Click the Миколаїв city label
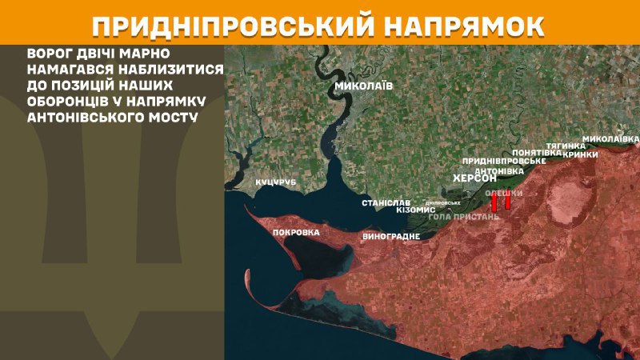click(364, 86)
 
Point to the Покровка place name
click(296, 233)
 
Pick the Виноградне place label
click(391, 237)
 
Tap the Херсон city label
click(475, 178)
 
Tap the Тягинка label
click(561, 146)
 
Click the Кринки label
click(581, 154)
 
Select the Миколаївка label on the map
click(610, 138)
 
